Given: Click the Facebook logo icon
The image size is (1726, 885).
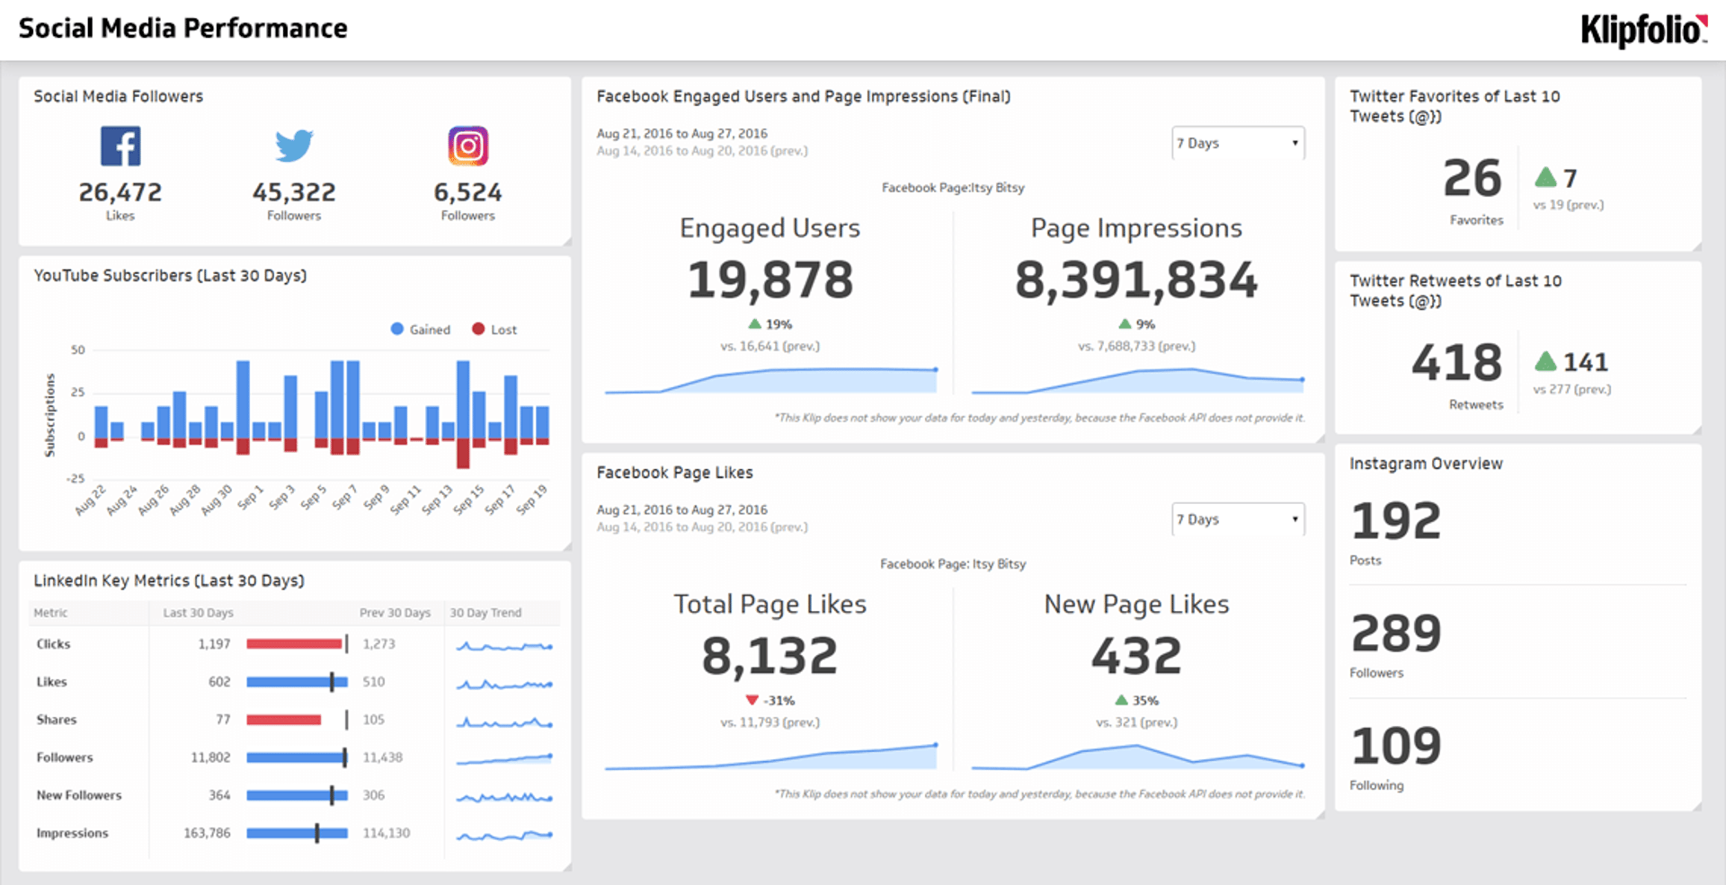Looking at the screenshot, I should click(120, 146).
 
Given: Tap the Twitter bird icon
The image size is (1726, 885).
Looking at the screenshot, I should click(294, 145).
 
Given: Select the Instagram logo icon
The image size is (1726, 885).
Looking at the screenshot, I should click(467, 146).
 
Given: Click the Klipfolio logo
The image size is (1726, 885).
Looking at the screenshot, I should click(1643, 30).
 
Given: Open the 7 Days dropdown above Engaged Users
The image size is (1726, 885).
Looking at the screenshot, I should click(1238, 143).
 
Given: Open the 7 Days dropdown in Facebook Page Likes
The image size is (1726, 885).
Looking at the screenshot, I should click(1238, 519).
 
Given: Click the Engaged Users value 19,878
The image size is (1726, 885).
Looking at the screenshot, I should click(770, 279).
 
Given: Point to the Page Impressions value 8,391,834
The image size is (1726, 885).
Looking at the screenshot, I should click(1136, 279).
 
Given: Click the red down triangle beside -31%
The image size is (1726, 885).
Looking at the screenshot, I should click(752, 700).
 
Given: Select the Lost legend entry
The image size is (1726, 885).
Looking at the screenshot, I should click(494, 330).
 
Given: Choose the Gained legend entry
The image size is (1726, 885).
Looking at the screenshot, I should click(420, 330).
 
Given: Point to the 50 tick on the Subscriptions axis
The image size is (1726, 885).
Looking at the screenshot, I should click(78, 350).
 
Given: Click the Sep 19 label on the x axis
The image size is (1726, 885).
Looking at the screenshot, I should click(533, 500).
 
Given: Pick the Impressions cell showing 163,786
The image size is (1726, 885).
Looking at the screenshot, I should click(207, 833).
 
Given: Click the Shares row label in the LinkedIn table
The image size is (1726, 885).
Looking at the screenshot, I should click(57, 720).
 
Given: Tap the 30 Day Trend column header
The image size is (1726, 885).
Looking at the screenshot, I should click(485, 613).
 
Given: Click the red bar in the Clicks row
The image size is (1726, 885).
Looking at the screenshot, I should click(294, 644).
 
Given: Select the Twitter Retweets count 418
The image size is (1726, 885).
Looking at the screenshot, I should click(1456, 363).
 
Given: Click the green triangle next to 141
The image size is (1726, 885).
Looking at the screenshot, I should click(1545, 361).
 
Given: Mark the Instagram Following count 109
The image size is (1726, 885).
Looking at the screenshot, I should click(1396, 746).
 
